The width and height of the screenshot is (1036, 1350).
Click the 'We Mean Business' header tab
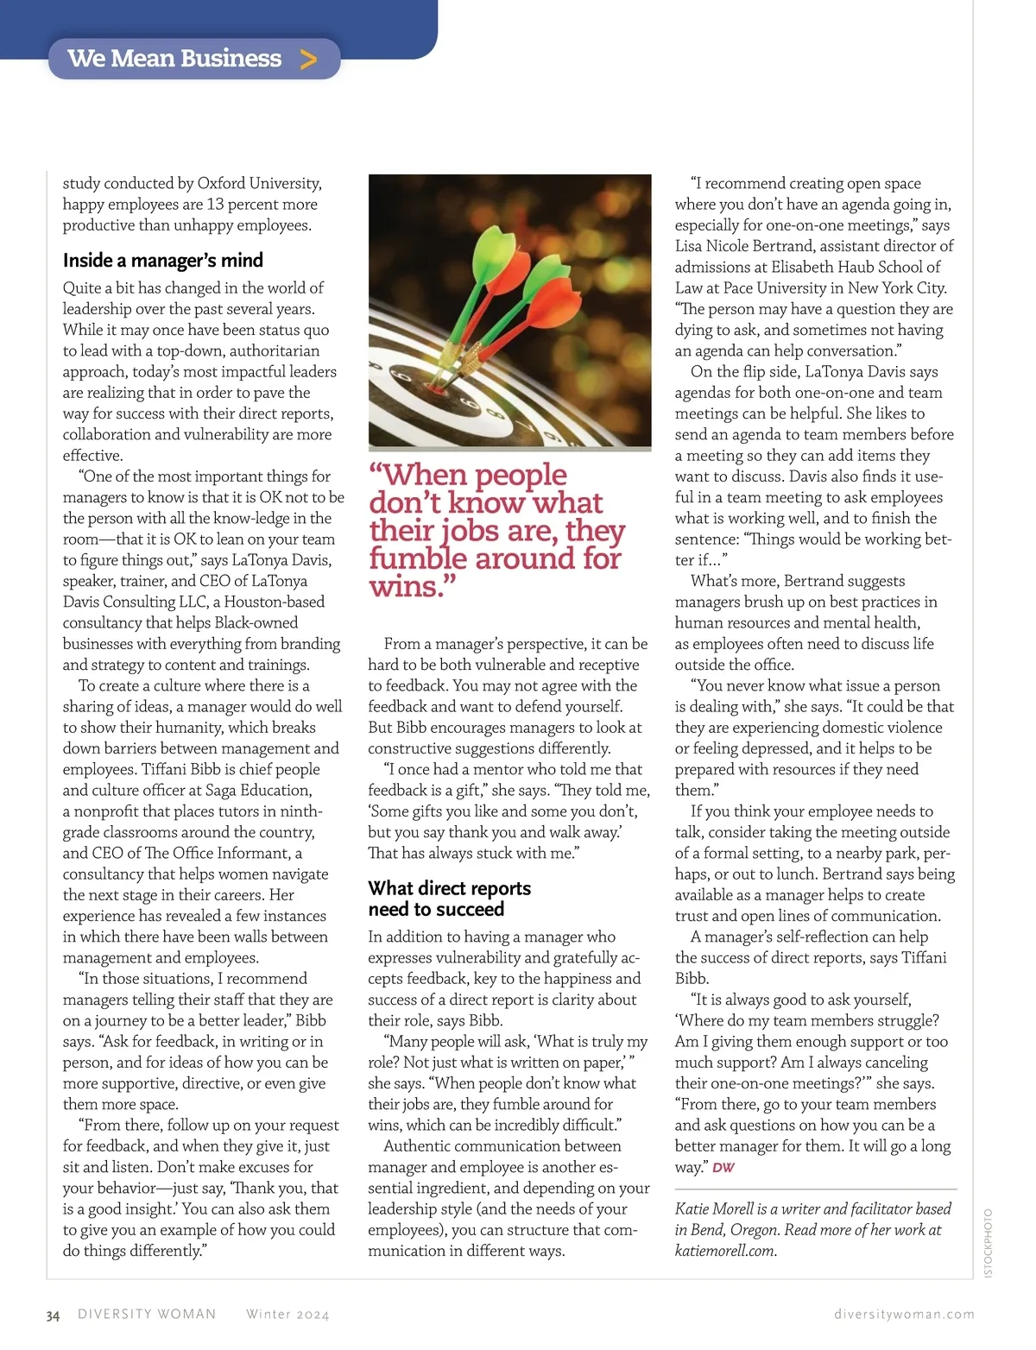tap(175, 59)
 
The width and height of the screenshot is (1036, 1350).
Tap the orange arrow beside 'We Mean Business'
tap(308, 60)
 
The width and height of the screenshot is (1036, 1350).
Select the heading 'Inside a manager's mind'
tap(162, 261)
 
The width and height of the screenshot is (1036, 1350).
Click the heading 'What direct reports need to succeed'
tap(449, 899)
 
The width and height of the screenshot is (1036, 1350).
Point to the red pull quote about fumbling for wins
tap(496, 530)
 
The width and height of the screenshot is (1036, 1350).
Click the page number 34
tap(54, 1316)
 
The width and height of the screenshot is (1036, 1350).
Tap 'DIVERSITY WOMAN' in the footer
tap(147, 1315)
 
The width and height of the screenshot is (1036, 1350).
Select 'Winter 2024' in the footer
tap(287, 1315)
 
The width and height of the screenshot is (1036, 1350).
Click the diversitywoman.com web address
tap(904, 1315)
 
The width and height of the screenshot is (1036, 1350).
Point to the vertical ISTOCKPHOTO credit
tap(989, 1243)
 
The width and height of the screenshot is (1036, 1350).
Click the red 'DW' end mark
tap(723, 1168)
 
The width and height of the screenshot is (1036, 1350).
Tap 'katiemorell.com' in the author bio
tap(725, 1251)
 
